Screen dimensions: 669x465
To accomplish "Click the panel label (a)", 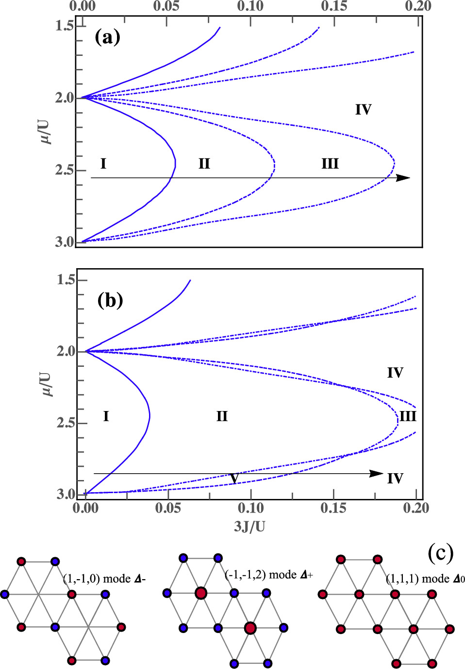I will point(107,37).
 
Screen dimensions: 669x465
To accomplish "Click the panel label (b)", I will point(110,300).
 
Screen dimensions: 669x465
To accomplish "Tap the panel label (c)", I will point(441,552).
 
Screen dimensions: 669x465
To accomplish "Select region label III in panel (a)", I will point(330,164).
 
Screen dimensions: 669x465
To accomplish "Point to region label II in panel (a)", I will point(204,164).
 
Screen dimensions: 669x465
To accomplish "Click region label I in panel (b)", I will point(106,416).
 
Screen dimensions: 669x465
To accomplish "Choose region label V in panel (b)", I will point(234,479).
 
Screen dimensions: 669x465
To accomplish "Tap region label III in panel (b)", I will point(408,416).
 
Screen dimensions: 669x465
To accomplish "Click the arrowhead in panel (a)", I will point(403,178).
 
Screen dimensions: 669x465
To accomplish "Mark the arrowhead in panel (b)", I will point(377,474).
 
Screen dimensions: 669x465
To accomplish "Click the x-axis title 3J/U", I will point(249,526).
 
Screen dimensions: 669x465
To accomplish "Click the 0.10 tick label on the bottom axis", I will point(250,508).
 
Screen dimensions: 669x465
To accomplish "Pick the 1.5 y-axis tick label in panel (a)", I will point(64,25).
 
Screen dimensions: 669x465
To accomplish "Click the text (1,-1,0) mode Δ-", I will point(104,579).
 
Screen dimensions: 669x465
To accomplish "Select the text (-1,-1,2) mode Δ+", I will point(268,575).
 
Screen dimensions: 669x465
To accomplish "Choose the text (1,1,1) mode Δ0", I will point(425,579).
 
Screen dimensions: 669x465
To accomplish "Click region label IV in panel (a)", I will point(363,110).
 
